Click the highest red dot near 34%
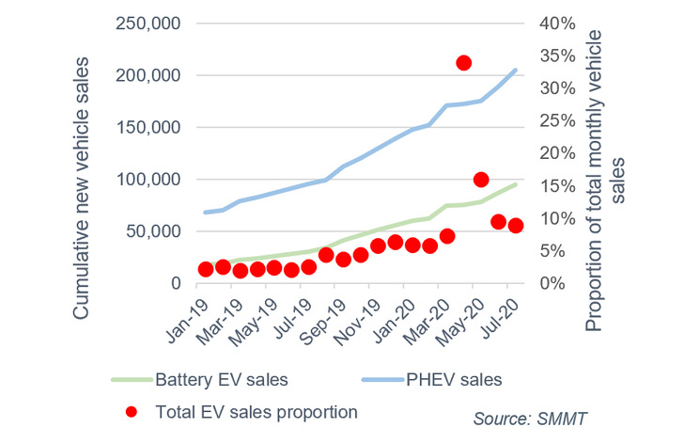(x=463, y=63)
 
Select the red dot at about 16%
(x=481, y=180)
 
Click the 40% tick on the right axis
(x=552, y=24)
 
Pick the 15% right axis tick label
(x=552, y=185)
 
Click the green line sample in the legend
(x=132, y=380)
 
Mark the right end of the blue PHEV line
(x=516, y=70)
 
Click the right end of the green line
(x=516, y=184)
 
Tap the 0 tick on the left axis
(x=173, y=283)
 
